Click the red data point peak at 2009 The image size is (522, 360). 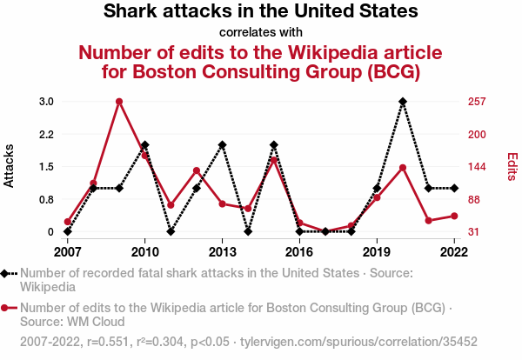(118, 102)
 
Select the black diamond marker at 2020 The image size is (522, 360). (403, 102)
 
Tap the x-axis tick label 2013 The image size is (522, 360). (222, 252)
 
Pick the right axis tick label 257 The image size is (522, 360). (476, 102)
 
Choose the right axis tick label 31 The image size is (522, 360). (474, 232)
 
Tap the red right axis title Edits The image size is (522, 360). (512, 166)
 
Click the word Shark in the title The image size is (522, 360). (130, 12)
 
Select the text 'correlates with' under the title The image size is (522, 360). (261, 33)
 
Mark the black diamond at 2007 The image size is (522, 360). (67, 231)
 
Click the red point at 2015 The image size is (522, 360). (273, 159)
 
